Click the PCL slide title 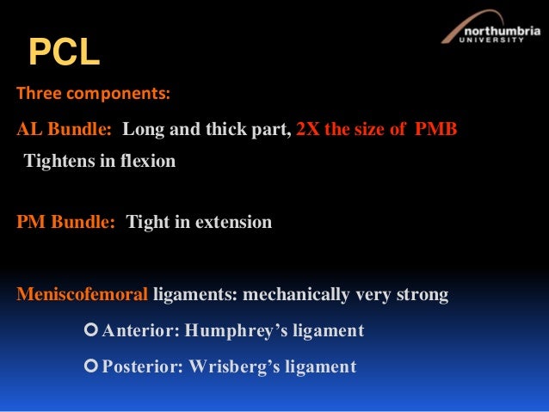tap(65, 53)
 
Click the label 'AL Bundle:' tap(65, 130)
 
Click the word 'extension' tap(233, 222)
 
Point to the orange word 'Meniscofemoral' tap(83, 295)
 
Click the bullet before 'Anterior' tap(93, 331)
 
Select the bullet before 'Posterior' tap(93, 366)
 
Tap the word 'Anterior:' tap(139, 331)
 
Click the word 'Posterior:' tap(143, 366)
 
